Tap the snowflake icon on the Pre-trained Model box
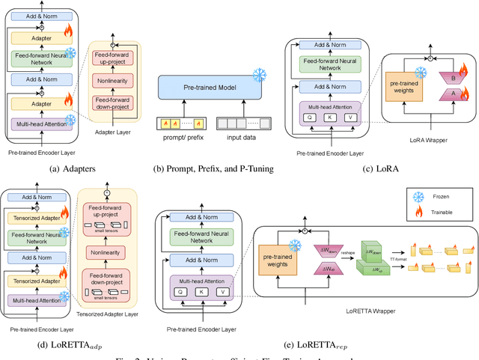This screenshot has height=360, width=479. coord(259,75)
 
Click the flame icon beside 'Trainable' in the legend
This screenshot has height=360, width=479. coord(419,213)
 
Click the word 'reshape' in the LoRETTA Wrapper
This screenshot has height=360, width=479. coord(345,253)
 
